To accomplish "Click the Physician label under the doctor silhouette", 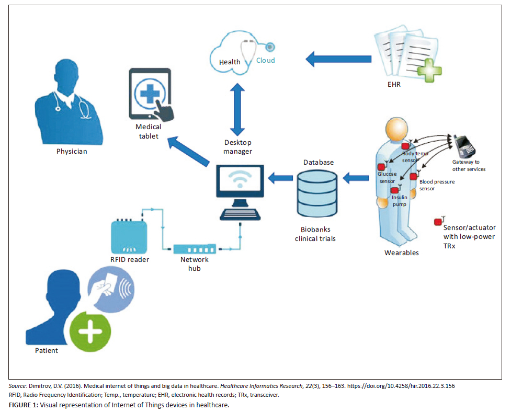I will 72,152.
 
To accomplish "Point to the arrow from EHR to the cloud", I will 334,59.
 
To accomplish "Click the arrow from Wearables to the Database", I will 357,178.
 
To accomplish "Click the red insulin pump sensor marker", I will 395,190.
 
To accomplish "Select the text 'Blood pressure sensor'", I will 436,185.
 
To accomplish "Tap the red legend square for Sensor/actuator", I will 437,222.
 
